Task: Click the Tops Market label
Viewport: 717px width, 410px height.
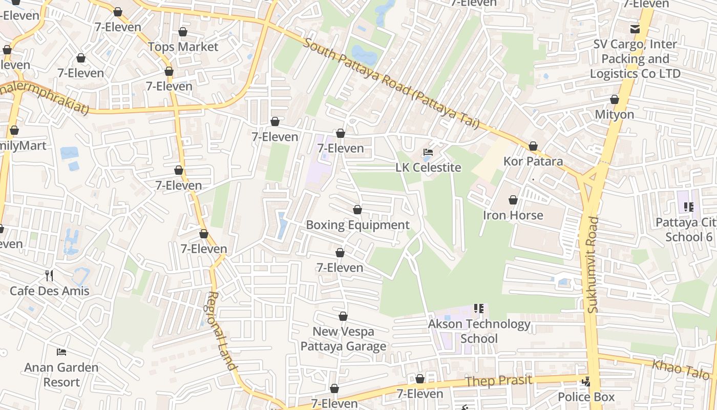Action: pos(183,47)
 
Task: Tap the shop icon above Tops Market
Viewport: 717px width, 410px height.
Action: pos(183,32)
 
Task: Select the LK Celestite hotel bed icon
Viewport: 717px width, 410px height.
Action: pos(428,152)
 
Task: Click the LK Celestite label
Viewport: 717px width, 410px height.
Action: pos(428,168)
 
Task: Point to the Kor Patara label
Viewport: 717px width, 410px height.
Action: pos(533,161)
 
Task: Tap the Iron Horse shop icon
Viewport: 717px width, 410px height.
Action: pos(513,200)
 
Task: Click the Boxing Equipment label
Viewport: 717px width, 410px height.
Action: pos(357,225)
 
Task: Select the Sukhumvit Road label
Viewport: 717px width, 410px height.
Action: pos(593,264)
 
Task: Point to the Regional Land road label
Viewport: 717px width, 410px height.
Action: pos(222,331)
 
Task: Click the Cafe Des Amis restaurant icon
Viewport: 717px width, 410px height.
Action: pos(49,276)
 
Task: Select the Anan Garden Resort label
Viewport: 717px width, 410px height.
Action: pos(61,375)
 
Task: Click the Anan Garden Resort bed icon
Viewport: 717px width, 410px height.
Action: pos(61,352)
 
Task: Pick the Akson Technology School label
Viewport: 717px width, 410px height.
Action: pos(479,331)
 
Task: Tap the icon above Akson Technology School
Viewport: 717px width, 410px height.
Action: pos(479,309)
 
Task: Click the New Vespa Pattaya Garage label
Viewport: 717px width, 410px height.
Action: pos(343,339)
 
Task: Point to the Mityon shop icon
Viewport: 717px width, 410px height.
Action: pos(614,99)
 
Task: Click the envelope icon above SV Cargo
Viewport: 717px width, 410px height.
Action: pos(635,29)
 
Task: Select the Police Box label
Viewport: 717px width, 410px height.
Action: pos(586,397)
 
